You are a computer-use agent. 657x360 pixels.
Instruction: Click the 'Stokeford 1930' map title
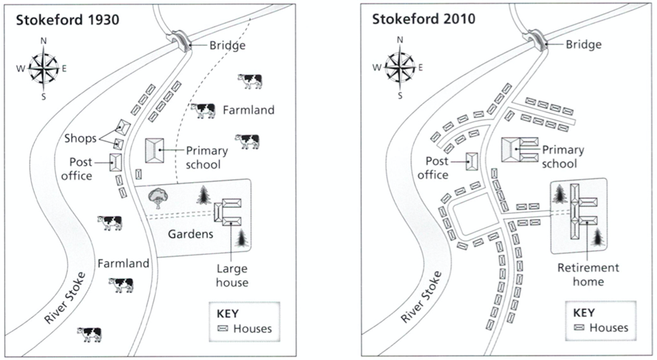click(67, 20)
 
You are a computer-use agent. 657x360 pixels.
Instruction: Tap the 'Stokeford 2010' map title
click(424, 19)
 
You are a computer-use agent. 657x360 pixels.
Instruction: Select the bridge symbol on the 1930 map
click(181, 40)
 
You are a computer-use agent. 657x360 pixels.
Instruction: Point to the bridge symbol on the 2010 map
click(538, 40)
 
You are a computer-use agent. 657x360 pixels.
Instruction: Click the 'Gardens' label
click(191, 234)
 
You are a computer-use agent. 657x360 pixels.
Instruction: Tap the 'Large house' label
click(232, 275)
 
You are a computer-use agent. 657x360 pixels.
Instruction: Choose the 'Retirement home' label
click(588, 274)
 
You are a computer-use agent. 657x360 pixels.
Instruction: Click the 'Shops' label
click(80, 138)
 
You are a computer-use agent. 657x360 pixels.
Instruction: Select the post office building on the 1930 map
click(116, 162)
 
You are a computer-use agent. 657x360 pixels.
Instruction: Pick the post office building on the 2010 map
click(472, 161)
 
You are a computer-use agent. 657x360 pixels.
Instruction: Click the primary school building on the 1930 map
click(154, 150)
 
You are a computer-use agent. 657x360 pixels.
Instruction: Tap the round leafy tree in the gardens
click(158, 198)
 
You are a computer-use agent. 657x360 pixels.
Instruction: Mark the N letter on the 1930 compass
click(44, 40)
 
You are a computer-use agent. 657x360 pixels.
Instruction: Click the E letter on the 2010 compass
click(420, 67)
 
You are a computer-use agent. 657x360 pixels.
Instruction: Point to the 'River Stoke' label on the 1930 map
click(65, 297)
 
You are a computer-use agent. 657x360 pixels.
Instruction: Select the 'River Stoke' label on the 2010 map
click(421, 297)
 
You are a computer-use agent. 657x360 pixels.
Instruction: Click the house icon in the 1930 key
click(223, 328)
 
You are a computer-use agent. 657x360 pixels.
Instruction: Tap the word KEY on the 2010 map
click(584, 313)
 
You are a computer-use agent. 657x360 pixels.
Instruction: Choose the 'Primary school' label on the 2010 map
click(562, 156)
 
